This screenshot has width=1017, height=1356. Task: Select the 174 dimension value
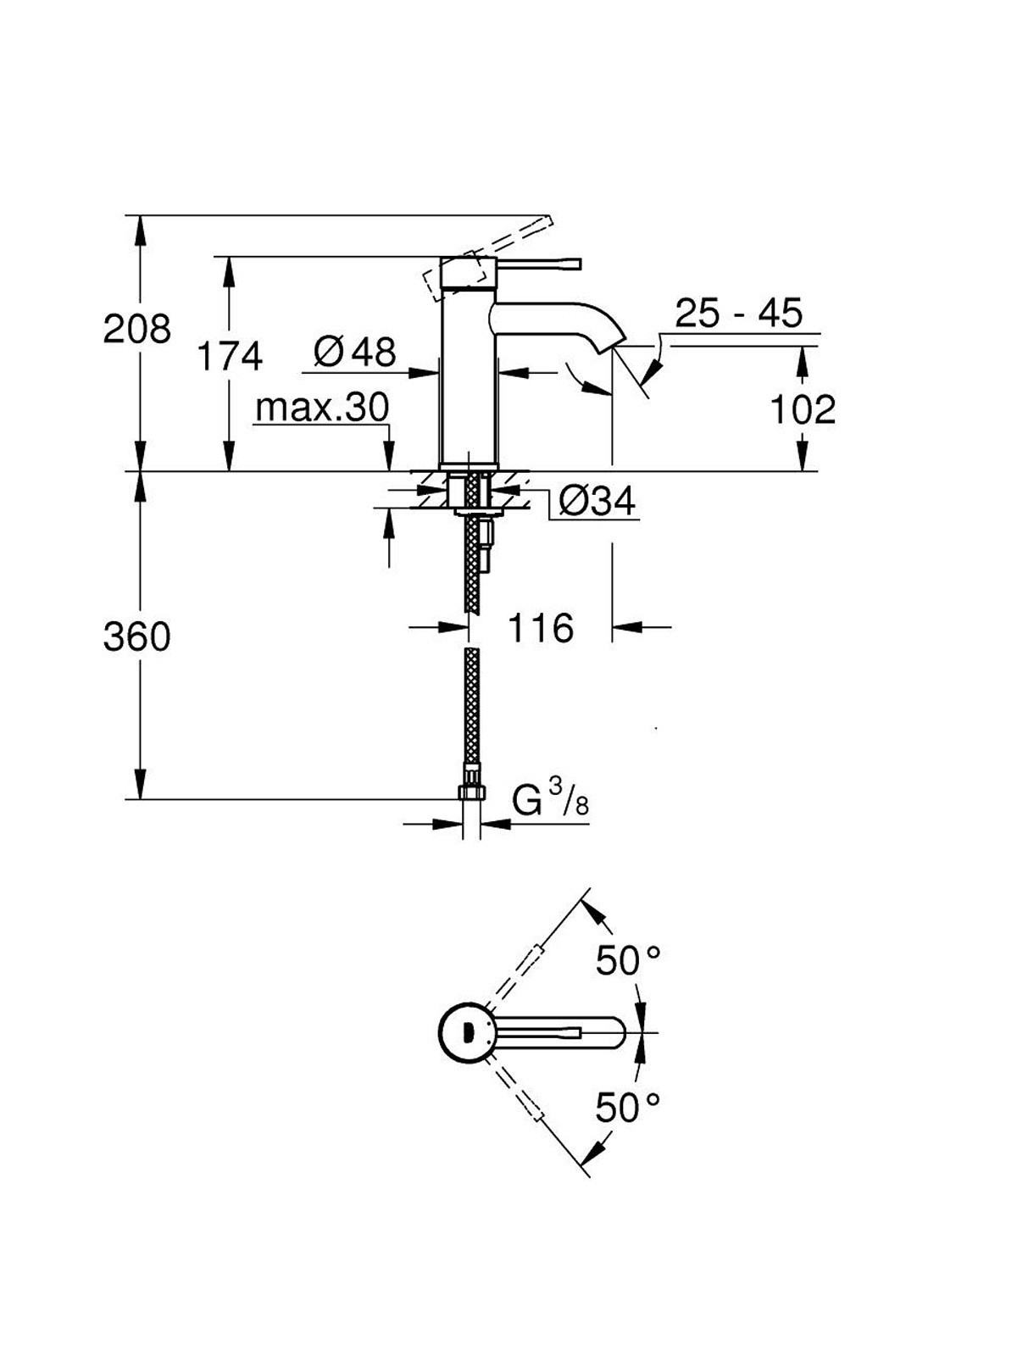click(x=230, y=356)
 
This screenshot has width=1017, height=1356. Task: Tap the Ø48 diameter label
click(x=354, y=353)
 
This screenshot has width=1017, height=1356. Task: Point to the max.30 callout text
click(x=322, y=407)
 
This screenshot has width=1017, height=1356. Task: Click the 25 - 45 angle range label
click(x=738, y=313)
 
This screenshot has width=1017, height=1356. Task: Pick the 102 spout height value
click(x=803, y=409)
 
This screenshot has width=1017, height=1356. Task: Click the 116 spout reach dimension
click(x=541, y=628)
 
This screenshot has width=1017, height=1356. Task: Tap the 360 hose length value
click(x=136, y=636)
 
